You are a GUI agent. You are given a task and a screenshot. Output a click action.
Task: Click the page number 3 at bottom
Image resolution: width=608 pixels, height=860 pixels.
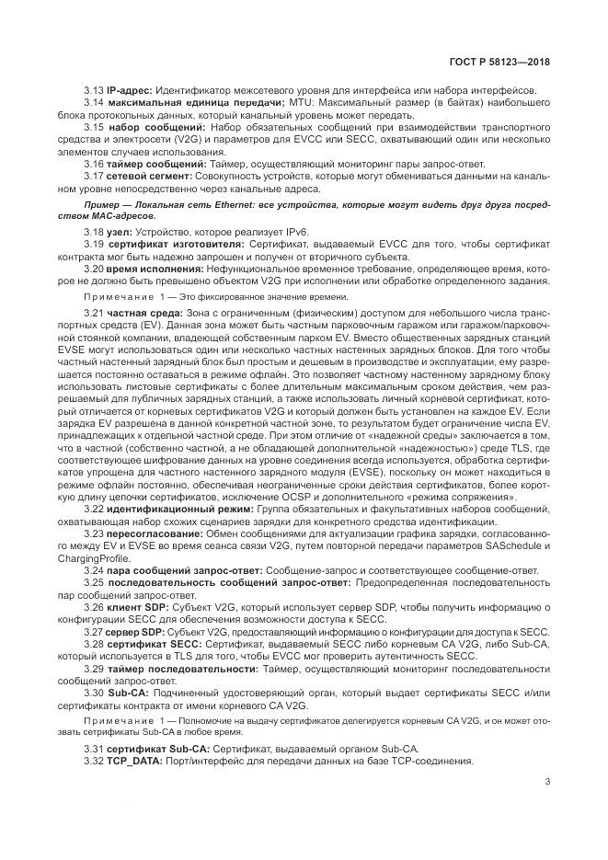547,782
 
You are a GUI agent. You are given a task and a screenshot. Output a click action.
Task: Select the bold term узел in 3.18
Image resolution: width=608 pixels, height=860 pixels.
120,235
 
